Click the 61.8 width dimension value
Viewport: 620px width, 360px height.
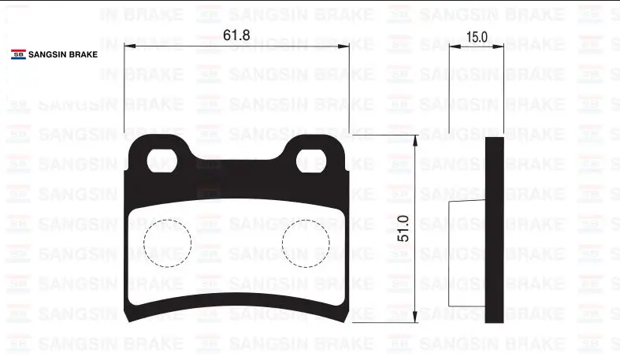click(x=236, y=35)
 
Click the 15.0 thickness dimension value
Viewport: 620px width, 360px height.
click(x=477, y=37)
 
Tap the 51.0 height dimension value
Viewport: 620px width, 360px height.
click(x=403, y=228)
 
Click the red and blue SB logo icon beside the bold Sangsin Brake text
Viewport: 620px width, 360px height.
click(x=18, y=54)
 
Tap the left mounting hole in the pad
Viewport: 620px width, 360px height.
click(x=161, y=161)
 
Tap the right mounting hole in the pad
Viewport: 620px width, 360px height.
click(x=311, y=161)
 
